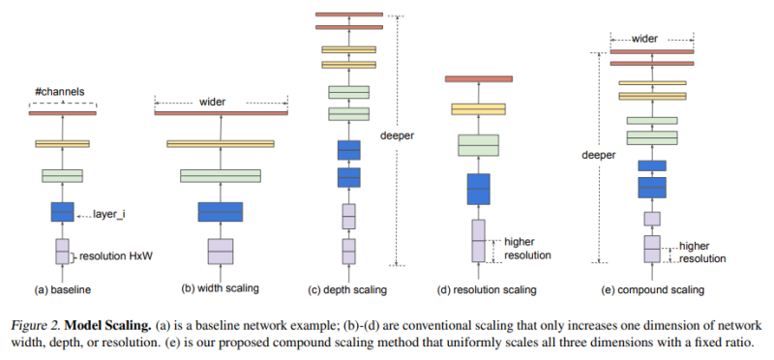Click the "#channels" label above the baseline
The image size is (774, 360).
point(62,92)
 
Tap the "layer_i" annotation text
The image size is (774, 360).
point(113,213)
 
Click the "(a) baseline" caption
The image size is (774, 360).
point(63,288)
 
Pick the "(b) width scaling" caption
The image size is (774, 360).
point(221,288)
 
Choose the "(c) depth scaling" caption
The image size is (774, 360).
point(348,288)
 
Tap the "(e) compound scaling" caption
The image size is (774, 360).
point(653,288)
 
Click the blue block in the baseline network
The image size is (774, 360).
point(62,212)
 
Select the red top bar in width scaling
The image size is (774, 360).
point(221,113)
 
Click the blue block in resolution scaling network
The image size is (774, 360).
point(478,189)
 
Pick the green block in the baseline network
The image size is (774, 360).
point(62,175)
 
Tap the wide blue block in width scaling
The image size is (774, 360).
point(221,212)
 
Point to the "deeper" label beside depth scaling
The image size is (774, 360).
point(397,135)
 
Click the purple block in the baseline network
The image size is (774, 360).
point(62,252)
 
